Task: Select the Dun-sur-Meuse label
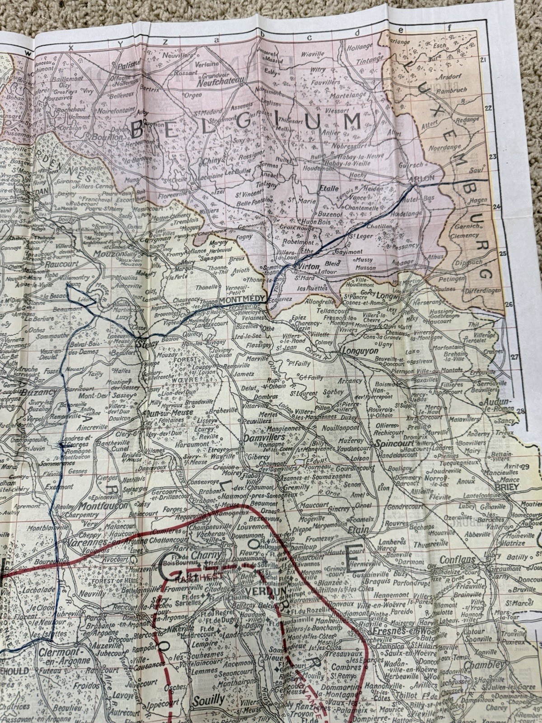tap(163, 413)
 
